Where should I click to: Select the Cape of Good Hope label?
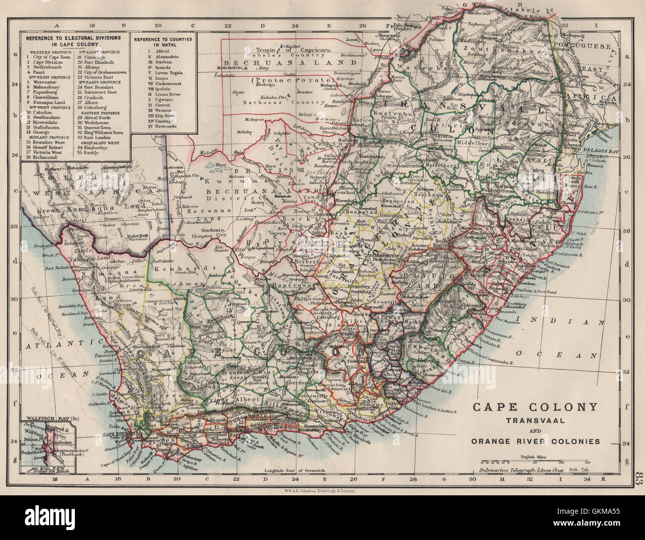[112, 450]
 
